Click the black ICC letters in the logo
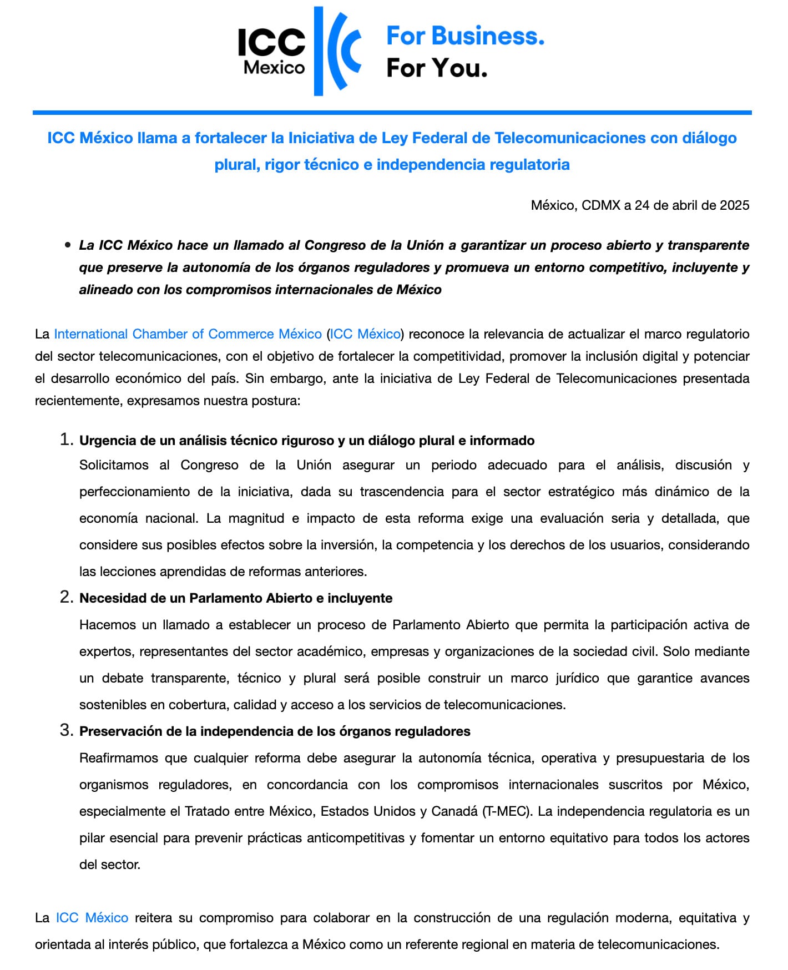[271, 43]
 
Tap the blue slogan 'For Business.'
[465, 36]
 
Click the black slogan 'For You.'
[437, 68]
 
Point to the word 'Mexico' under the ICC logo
[274, 68]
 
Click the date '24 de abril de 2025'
[692, 205]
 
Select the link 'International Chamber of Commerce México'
[188, 334]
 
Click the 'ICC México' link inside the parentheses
[365, 334]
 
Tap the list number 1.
[65, 439]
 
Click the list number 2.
[66, 597]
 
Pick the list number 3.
[66, 730]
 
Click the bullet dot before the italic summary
[68, 245]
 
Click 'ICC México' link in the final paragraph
[92, 918]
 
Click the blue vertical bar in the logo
[319, 51]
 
